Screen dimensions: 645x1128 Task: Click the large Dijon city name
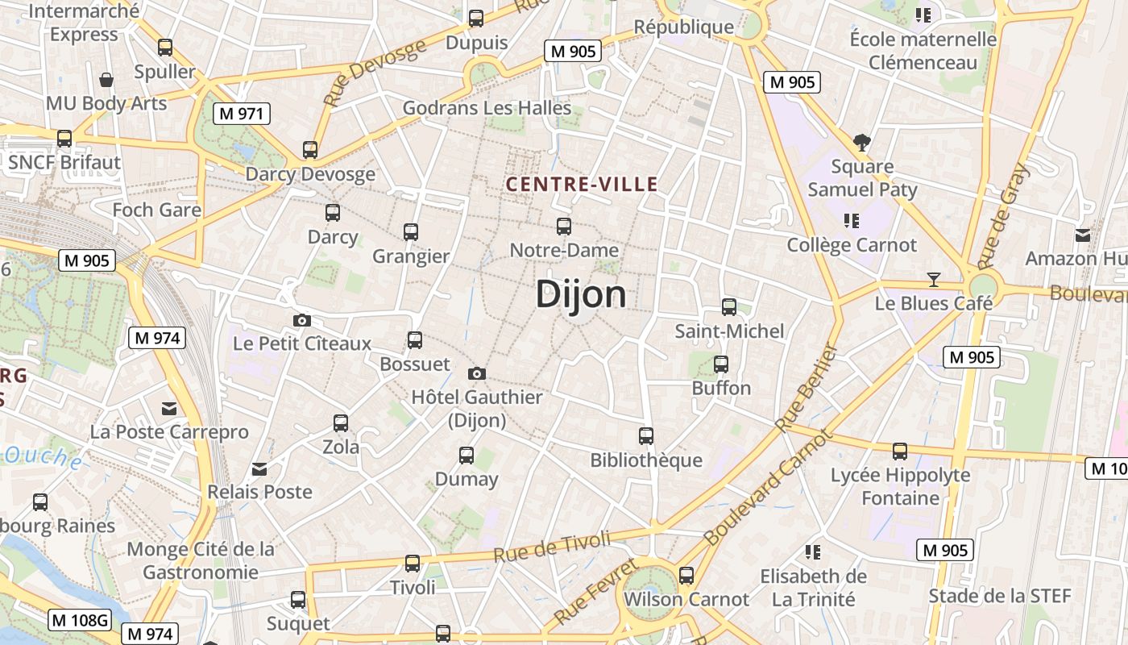point(581,294)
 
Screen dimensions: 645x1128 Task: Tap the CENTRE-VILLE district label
point(582,185)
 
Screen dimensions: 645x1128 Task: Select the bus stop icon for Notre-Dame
point(564,227)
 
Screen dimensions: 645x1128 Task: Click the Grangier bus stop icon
point(411,232)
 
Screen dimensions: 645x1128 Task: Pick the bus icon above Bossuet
point(415,340)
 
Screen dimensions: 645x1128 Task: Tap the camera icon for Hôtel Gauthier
point(477,373)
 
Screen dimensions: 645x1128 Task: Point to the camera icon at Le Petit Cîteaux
point(302,320)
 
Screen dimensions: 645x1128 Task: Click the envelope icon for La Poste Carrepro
point(169,409)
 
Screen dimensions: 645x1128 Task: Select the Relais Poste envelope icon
point(259,468)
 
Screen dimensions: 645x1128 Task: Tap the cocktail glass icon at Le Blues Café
point(934,280)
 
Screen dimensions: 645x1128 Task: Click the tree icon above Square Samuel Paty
point(862,144)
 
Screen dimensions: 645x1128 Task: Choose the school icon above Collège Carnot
point(852,220)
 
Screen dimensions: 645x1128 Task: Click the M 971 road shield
point(241,114)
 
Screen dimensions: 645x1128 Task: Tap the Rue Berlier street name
point(807,388)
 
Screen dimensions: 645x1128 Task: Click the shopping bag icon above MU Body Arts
point(106,79)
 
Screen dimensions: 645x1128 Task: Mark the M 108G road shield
point(80,620)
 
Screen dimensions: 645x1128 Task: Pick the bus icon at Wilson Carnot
point(686,576)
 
